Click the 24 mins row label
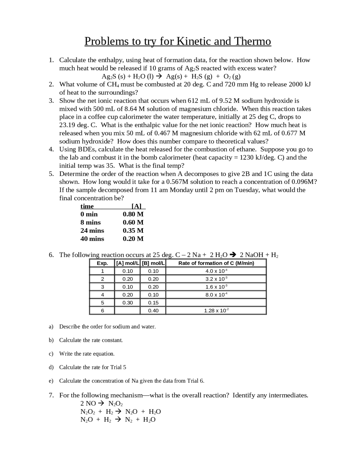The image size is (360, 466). tap(92, 231)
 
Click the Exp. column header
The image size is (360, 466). tap(102, 263)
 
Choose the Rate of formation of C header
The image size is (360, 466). tap(216, 263)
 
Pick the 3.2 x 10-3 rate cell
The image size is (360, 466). tap(216, 279)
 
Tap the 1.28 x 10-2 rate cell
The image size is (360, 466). tap(216, 311)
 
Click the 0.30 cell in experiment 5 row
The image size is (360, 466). tap(127, 303)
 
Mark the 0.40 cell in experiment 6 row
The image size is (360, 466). tap(153, 311)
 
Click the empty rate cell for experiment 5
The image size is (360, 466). tap(216, 303)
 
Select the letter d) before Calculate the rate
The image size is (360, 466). tap(51, 367)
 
